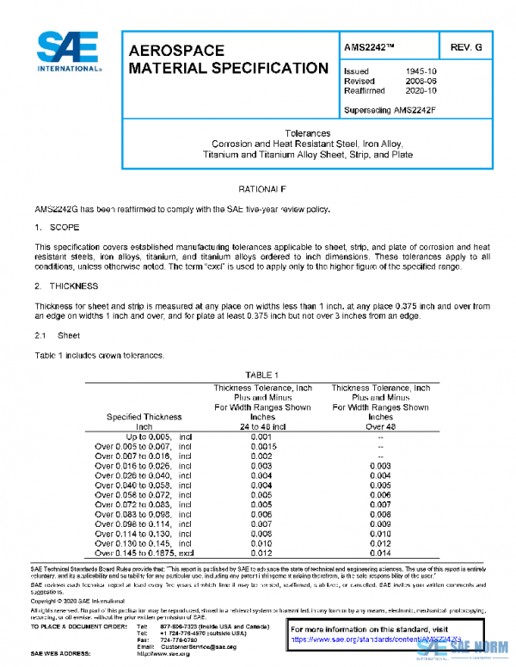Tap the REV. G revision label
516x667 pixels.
point(467,45)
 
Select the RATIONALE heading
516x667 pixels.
point(259,188)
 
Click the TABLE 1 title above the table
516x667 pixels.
point(262,376)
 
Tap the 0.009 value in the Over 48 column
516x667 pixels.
point(379,524)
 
